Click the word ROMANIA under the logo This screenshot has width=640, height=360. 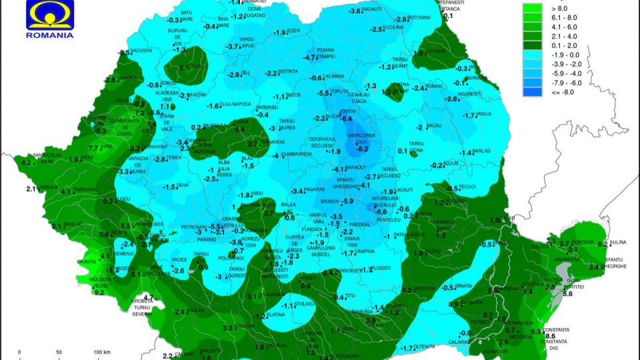tap(49, 35)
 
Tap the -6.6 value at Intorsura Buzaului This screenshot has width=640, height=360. tap(381, 211)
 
